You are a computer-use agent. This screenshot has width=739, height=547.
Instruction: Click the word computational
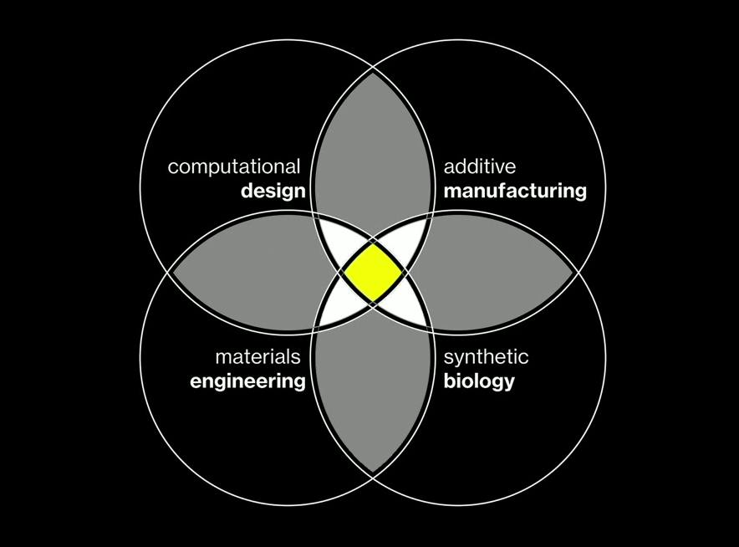coord(233,166)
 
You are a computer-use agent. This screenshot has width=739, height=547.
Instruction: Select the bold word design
coord(273,192)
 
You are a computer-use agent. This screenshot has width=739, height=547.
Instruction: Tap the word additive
coord(480,166)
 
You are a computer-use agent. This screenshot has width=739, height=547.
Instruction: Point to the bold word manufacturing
coord(515,192)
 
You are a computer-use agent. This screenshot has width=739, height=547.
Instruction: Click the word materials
coord(257,357)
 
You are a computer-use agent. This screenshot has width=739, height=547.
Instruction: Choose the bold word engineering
coord(247,382)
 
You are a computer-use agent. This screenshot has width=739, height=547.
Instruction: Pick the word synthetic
coord(486,357)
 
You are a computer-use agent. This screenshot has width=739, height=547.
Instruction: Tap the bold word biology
coord(479,382)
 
